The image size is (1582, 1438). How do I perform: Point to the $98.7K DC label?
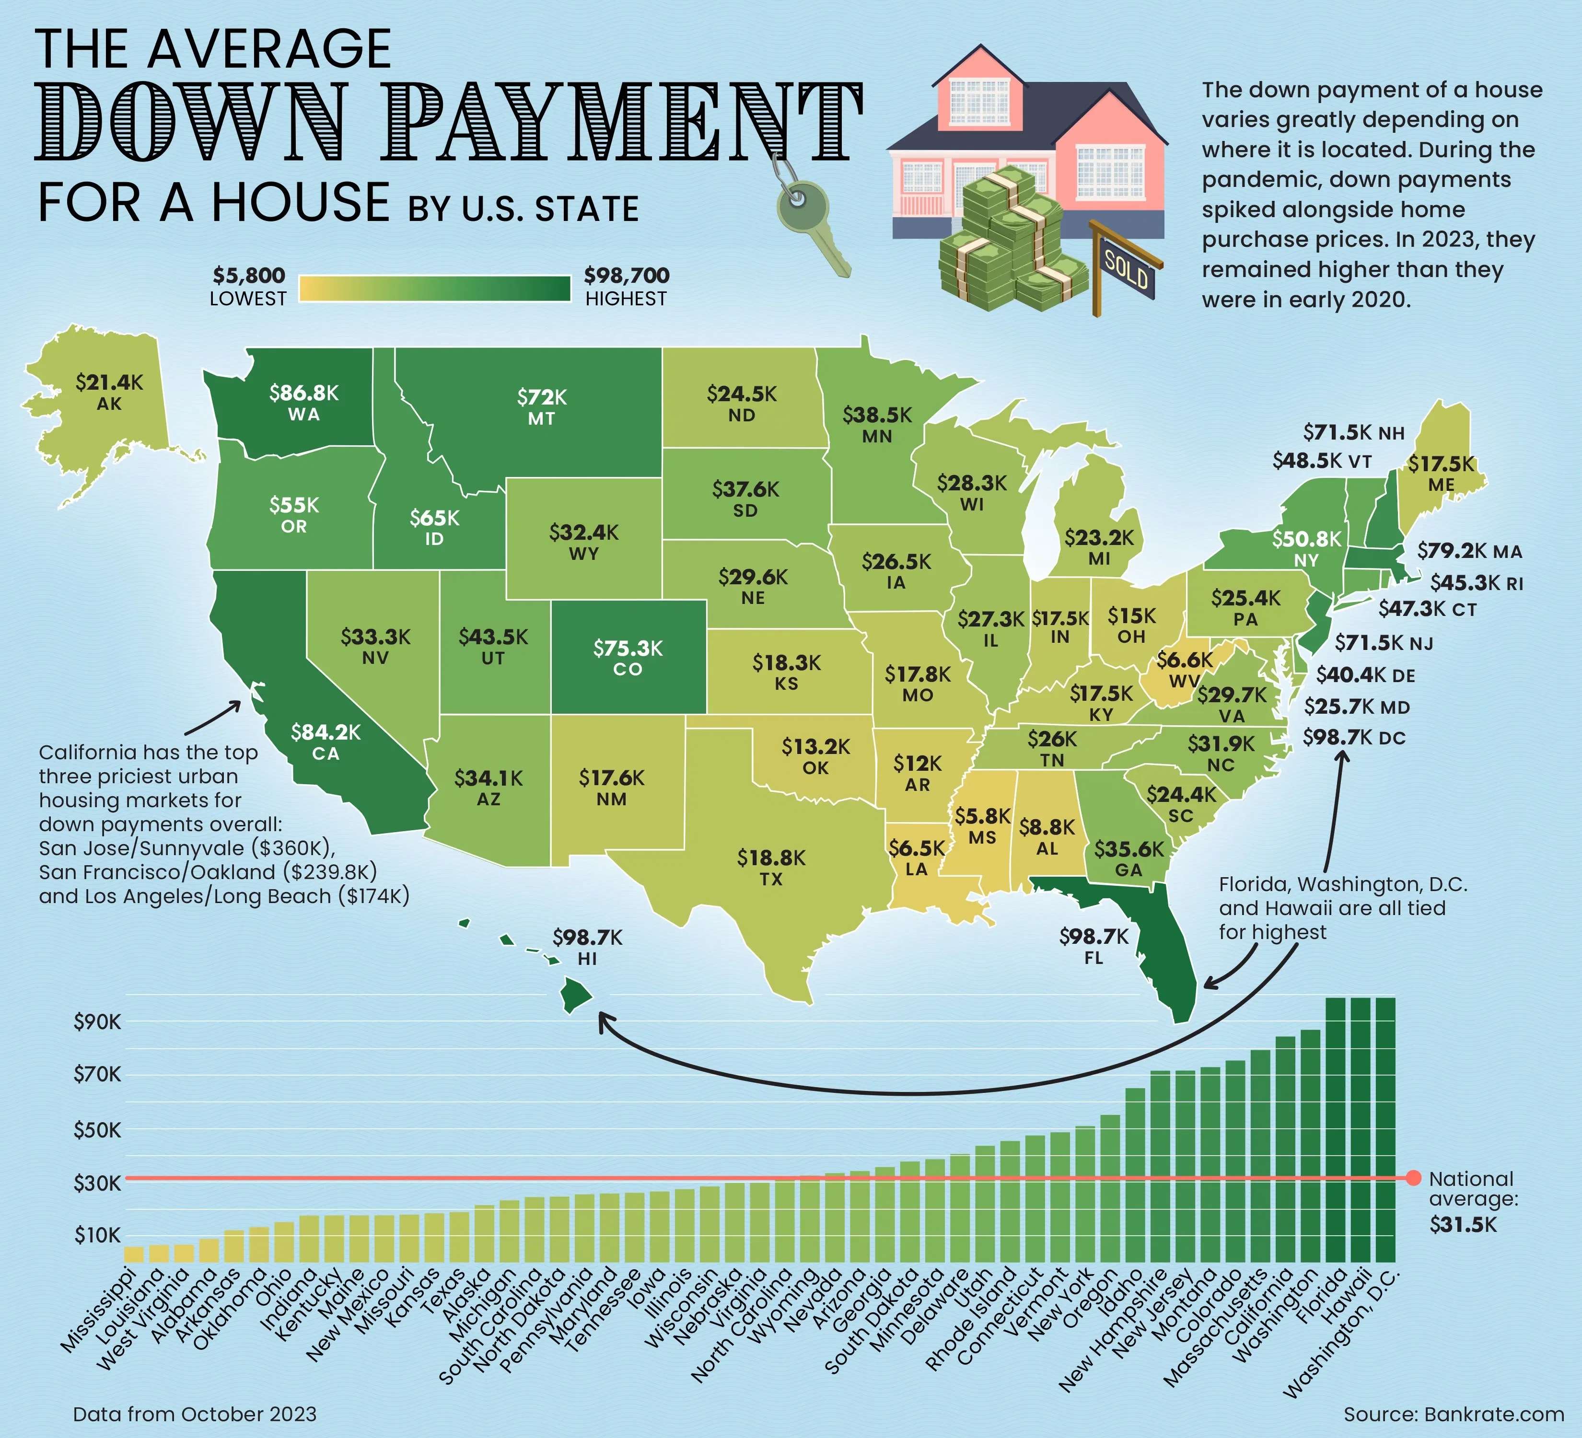click(1354, 737)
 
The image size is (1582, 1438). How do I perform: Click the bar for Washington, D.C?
click(1385, 1130)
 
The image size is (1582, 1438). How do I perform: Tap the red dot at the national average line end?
click(1413, 1178)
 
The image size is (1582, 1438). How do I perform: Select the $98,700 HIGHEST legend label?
click(626, 286)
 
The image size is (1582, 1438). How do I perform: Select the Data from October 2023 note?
click(195, 1415)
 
